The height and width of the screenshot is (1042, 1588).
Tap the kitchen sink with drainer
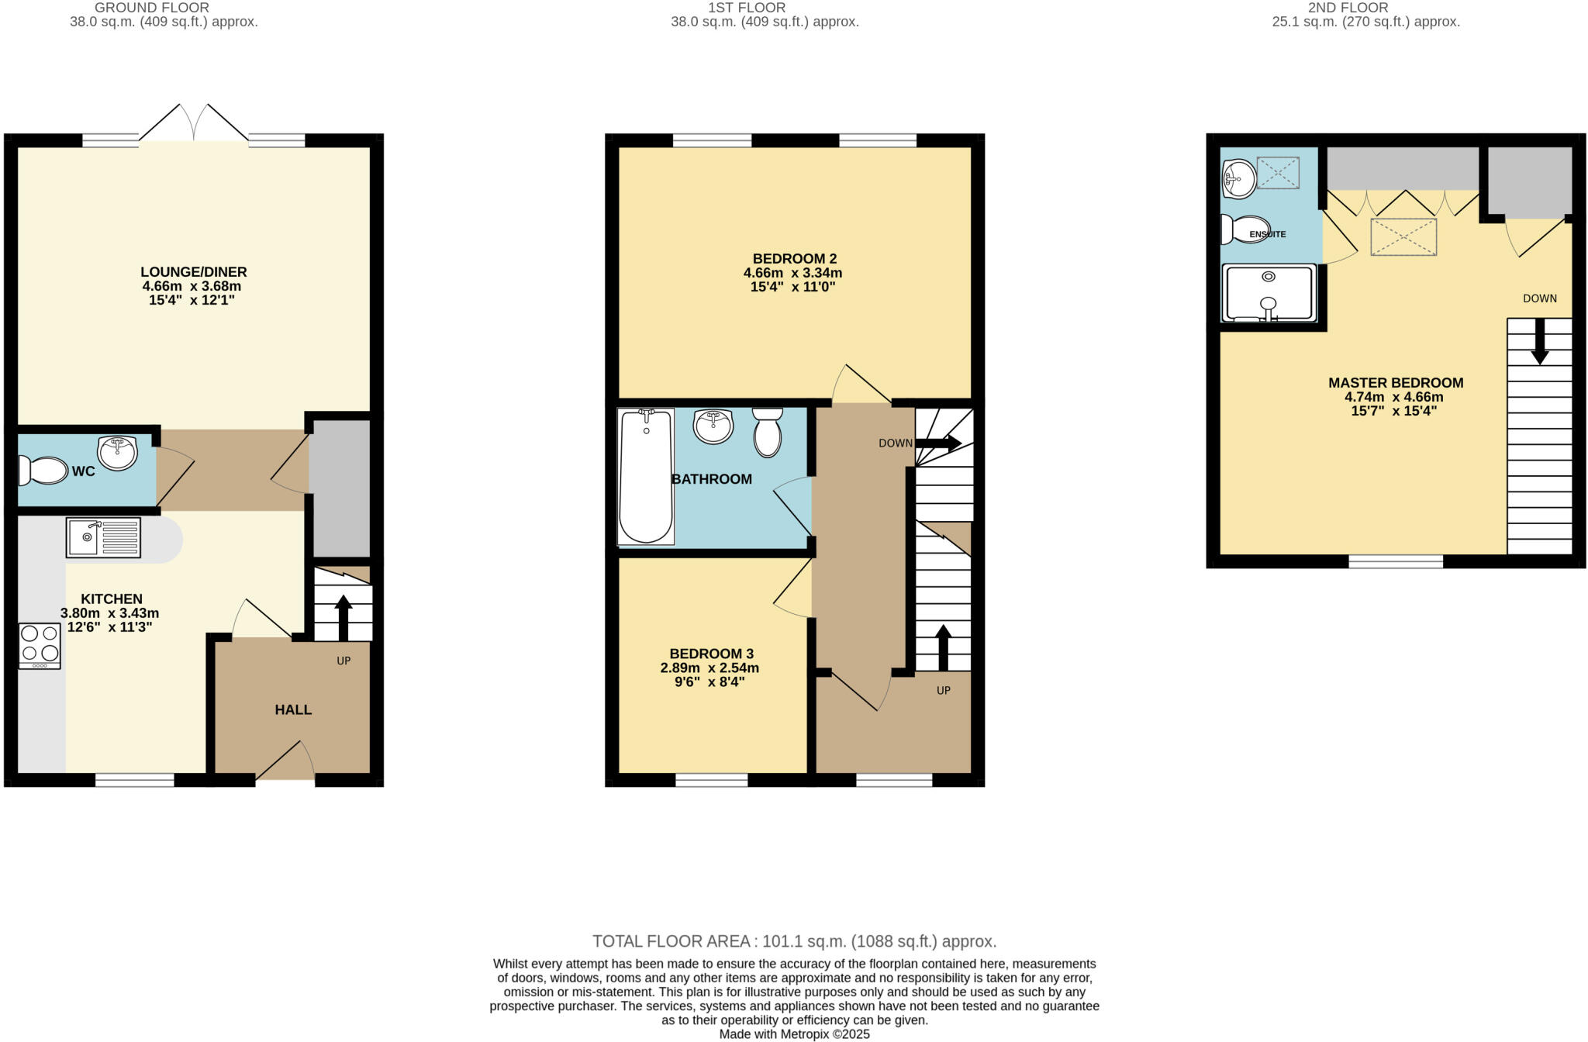[x=103, y=537]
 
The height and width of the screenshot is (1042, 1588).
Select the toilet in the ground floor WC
[x=44, y=471]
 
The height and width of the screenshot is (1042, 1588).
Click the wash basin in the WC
[x=117, y=454]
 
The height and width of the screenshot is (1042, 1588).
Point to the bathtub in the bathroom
[x=646, y=477]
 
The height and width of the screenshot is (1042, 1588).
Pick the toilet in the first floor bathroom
[x=768, y=433]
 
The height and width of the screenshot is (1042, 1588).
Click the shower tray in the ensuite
[x=1269, y=293]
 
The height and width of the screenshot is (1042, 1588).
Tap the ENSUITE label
[x=1268, y=234]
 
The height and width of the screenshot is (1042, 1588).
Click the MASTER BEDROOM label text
[x=1395, y=383]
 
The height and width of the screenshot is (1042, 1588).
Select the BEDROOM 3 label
[x=711, y=654]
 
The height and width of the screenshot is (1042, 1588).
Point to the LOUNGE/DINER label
[x=193, y=272]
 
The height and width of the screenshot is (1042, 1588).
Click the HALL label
[x=293, y=709]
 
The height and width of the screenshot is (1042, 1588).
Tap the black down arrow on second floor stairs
[x=1539, y=341]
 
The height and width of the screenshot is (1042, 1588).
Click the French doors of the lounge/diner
[x=194, y=124]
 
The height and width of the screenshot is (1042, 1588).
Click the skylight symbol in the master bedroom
[x=1403, y=237]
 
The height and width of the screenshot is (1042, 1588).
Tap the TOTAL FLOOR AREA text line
[x=794, y=941]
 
